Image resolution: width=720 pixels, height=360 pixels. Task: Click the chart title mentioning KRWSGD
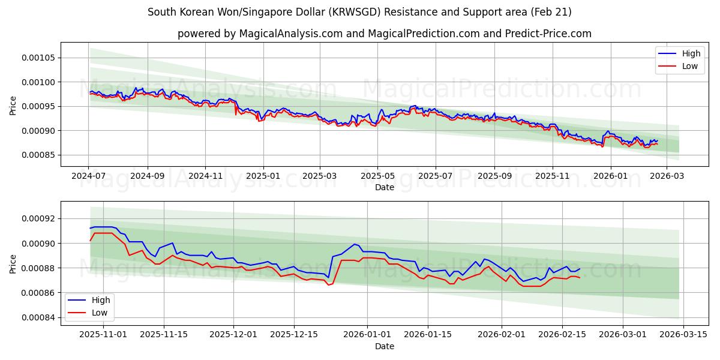pos(359,12)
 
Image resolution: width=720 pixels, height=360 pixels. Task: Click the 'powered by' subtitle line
pos(384,34)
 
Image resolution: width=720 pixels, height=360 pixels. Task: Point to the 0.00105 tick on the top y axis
pos(38,58)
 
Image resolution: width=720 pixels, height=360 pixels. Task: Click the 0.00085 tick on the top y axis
pos(38,155)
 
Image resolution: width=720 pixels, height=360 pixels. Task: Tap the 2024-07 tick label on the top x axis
pos(88,176)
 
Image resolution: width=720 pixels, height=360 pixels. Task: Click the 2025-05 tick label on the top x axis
pos(377,176)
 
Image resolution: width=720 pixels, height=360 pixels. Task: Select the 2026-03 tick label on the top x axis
pos(667,176)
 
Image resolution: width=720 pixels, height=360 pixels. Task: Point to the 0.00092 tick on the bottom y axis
pos(38,218)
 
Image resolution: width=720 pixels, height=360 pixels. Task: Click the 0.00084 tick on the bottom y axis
pos(38,317)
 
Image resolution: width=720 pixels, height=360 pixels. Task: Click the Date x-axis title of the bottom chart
pos(384,346)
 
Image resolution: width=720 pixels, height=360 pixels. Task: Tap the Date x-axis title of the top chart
pos(384,187)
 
